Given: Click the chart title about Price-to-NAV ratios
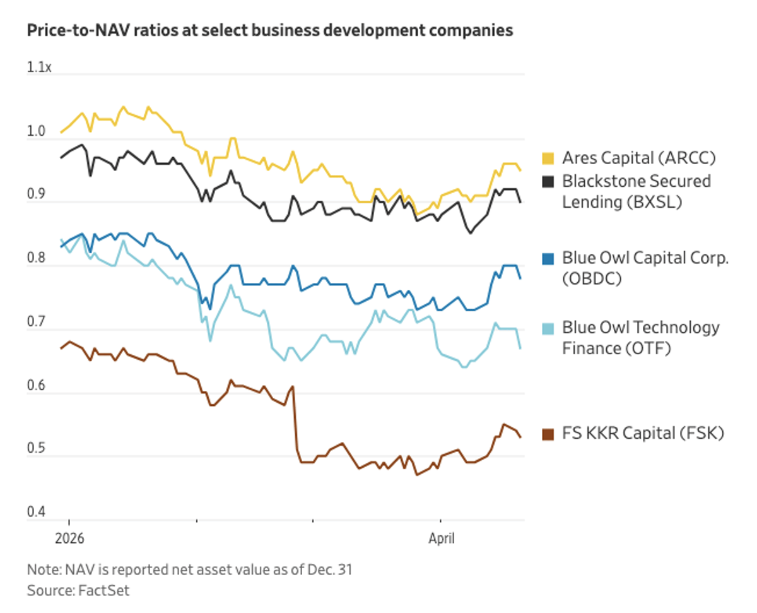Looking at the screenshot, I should click(x=269, y=30).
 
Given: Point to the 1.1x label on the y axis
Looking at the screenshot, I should click(x=39, y=67).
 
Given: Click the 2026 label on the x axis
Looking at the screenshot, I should click(x=69, y=539).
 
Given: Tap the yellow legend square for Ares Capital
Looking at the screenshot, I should click(x=548, y=158).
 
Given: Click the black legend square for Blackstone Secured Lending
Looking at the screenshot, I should click(x=548, y=182).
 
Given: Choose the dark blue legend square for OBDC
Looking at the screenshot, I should click(x=548, y=258).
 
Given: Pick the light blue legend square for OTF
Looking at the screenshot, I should click(x=548, y=328).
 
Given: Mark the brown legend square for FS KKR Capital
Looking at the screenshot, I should click(x=548, y=434).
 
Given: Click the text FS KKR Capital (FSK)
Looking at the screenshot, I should click(x=643, y=434).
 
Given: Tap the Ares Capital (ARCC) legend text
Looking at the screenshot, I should click(x=639, y=158).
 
